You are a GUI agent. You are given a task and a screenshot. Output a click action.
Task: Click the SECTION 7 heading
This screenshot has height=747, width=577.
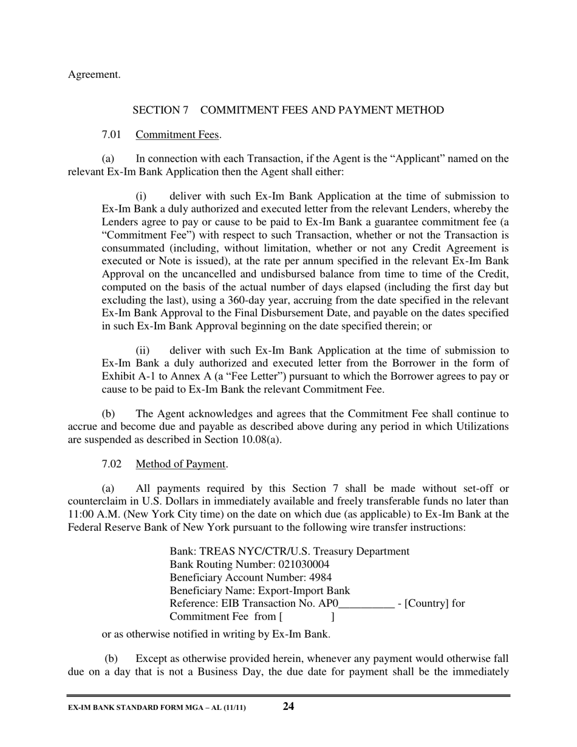[x=288, y=110]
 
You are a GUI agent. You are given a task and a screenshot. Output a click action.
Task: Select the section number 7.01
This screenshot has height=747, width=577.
[x=112, y=134]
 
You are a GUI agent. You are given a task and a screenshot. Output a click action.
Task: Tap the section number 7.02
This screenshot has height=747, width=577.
[x=112, y=464]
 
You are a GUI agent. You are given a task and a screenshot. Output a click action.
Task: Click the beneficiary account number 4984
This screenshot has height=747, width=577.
[x=321, y=577]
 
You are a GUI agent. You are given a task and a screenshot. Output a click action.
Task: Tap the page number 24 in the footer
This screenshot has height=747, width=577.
[x=288, y=706]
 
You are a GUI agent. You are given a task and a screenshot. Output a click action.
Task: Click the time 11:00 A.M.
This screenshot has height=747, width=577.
[x=90, y=514]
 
